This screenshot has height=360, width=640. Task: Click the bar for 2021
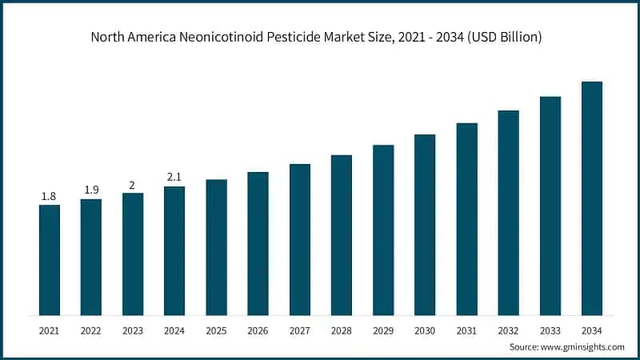click(50, 259)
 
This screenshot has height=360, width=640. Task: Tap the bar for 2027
click(300, 239)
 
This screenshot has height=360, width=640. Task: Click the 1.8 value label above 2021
click(50, 196)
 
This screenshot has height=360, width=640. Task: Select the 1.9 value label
click(91, 190)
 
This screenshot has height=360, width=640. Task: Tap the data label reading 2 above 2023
click(133, 184)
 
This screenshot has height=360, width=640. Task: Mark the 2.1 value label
click(174, 177)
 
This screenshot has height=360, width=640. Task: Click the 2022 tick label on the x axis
click(91, 329)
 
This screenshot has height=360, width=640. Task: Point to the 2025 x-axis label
click(216, 329)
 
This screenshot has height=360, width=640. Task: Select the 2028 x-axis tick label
click(342, 329)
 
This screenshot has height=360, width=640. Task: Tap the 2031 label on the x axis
click(467, 329)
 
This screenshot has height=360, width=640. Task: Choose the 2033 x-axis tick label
click(550, 329)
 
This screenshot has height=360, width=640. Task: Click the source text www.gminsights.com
click(583, 346)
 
